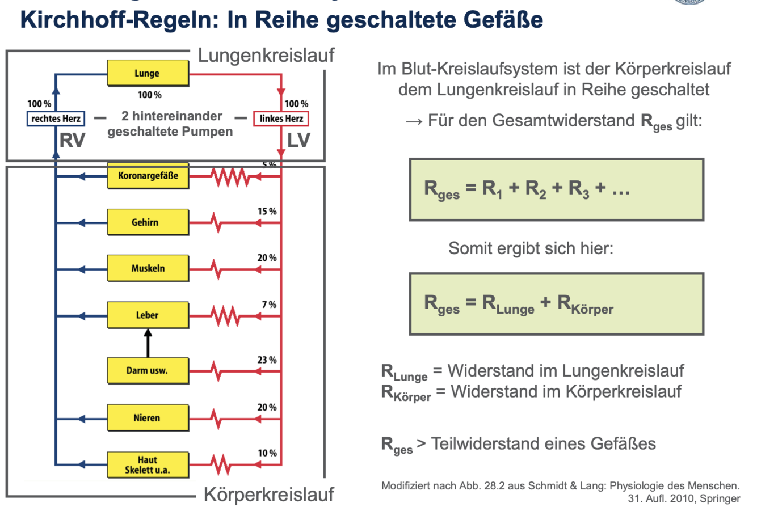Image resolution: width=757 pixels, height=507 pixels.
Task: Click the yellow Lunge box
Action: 148,74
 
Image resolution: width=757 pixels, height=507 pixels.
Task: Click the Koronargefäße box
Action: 148,176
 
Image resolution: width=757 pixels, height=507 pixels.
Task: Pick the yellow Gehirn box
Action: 148,222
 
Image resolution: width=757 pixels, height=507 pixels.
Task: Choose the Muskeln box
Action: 148,268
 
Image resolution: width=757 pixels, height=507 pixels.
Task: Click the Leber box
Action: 148,315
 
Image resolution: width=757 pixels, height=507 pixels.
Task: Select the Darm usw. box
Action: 148,371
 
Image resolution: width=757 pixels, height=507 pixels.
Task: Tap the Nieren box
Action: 148,418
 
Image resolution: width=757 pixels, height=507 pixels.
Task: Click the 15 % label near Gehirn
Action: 266,211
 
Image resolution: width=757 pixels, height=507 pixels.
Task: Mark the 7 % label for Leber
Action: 268,305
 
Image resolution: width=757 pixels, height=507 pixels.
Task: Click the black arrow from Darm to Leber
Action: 148,344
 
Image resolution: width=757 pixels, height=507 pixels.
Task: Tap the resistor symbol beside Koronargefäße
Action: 230,177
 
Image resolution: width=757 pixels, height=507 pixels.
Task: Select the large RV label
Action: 73,141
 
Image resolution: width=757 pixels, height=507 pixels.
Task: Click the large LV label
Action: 298,141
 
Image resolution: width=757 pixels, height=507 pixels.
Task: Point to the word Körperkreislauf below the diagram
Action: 268,492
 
